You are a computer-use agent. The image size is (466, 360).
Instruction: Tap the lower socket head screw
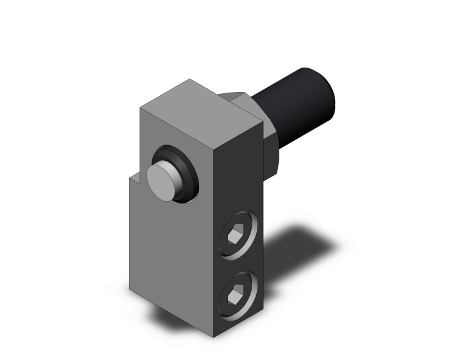coord(239,292)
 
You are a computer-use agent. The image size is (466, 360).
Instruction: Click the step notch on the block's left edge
coord(134,180)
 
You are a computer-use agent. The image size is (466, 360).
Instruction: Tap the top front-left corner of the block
coord(141,110)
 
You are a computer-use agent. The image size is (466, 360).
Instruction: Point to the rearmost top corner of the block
coord(189,80)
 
